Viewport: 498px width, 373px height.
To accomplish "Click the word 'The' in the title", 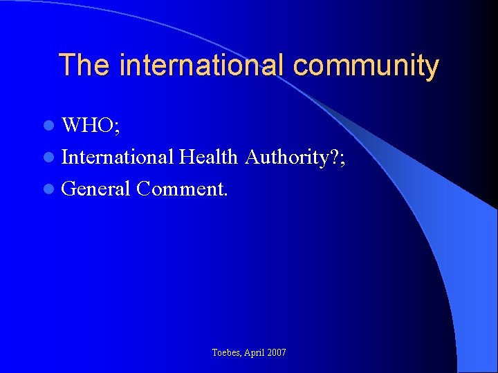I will coord(84,66).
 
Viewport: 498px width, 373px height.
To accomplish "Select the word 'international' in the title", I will coord(201,66).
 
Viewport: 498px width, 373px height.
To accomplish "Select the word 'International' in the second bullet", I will coord(117,157).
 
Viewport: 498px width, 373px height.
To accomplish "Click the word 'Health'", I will coord(209,157).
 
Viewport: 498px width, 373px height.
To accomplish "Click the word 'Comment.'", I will coord(182,188).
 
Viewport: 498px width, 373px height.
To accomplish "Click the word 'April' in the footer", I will coord(255,353).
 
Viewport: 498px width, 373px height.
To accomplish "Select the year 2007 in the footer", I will coord(276,353).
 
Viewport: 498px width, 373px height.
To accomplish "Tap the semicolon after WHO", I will coord(116,128).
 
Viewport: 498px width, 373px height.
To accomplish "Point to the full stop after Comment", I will coord(225,194).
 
